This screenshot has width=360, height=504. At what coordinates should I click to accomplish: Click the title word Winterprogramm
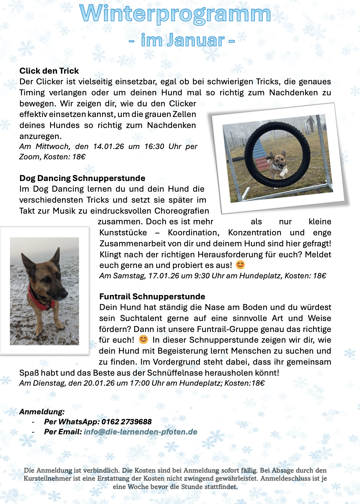(175, 14)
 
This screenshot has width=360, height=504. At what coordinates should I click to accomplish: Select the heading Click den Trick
(49, 71)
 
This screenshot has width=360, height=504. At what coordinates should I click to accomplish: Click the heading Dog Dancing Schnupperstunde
(82, 178)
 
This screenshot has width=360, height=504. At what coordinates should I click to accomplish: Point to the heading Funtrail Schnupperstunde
(152, 296)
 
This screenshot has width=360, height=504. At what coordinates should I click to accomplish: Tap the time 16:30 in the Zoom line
(154, 146)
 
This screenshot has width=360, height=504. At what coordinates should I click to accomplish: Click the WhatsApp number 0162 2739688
(126, 422)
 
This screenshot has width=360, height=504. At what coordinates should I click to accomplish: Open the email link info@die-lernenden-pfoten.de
(140, 432)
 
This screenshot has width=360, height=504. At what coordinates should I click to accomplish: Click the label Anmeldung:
(42, 412)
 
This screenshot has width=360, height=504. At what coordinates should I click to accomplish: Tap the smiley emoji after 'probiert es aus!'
(240, 265)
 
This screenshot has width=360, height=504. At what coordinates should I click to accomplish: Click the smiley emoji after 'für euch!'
(143, 339)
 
